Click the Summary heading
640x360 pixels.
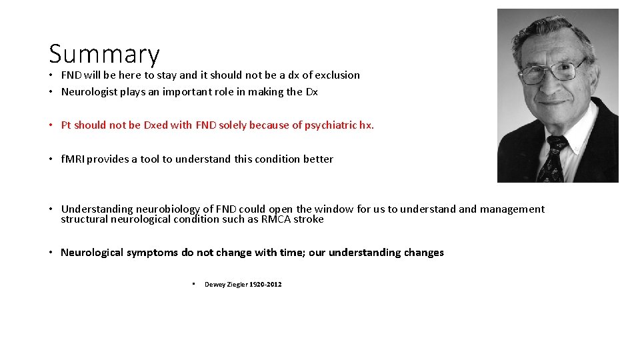(104, 54)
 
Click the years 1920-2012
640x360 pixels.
(265, 285)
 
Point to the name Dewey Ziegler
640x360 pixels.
(225, 285)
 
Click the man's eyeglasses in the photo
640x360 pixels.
(552, 70)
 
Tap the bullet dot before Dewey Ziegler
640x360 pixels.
(193, 284)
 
